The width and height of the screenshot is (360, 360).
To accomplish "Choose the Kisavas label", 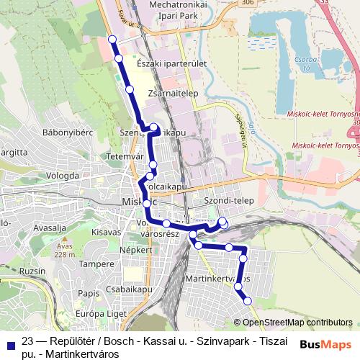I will tap(106, 232).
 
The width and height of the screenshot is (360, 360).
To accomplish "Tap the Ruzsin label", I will tap(32, 271).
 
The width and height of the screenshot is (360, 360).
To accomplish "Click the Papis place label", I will tap(89, 293).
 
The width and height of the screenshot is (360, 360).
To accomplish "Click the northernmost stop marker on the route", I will tap(112, 39).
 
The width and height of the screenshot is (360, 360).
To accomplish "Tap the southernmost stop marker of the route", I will tap(247, 301).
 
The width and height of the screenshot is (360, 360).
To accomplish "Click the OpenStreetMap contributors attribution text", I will tap(297, 323).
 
